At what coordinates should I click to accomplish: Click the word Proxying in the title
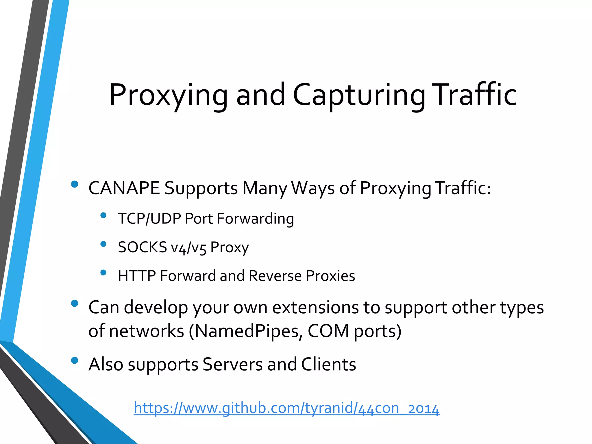(169, 95)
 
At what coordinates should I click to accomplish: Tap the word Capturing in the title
(359, 95)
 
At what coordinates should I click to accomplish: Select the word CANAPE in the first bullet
(124, 188)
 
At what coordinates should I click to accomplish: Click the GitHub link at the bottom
(286, 408)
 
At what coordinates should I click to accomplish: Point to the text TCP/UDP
(149, 219)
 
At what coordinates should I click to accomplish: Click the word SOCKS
(143, 247)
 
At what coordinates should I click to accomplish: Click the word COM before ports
(328, 331)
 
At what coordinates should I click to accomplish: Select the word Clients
(328, 364)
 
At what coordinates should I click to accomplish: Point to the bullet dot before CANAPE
(75, 184)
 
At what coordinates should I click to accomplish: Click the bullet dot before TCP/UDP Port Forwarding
(103, 215)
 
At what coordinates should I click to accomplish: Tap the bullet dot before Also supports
(75, 360)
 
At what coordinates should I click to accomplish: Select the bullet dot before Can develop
(75, 303)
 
